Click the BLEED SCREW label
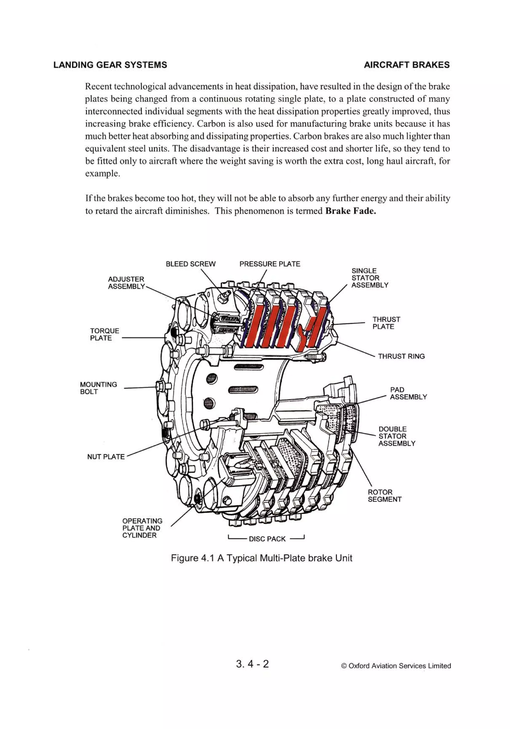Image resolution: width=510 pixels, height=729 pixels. pyautogui.click(x=191, y=264)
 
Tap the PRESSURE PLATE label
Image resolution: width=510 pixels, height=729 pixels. pyautogui.click(x=270, y=264)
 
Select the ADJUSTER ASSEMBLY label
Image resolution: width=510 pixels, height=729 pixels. pyautogui.click(x=126, y=283)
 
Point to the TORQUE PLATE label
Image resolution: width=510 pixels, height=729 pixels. pyautogui.click(x=105, y=334)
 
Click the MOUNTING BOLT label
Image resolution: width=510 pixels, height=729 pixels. pyautogui.click(x=98, y=388)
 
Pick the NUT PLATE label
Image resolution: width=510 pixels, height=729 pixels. pyautogui.click(x=106, y=457)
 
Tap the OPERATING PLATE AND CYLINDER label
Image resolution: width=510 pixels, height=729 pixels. pyautogui.click(x=142, y=528)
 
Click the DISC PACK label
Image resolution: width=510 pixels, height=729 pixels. pyautogui.click(x=267, y=539)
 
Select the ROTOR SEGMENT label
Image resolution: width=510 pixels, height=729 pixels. pyautogui.click(x=384, y=496)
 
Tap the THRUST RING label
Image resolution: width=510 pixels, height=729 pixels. pyautogui.click(x=401, y=356)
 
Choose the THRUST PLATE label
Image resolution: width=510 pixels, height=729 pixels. pyautogui.click(x=386, y=323)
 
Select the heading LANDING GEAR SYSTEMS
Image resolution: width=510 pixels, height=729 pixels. pyautogui.click(x=110, y=65)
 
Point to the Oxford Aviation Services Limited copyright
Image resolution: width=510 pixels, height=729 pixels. pyautogui.click(x=396, y=666)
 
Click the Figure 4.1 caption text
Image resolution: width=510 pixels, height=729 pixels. pyautogui.click(x=261, y=558)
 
